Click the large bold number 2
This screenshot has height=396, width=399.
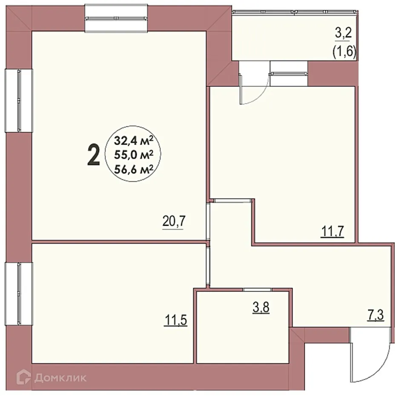click(93, 155)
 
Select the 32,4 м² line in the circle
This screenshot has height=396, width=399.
click(133, 140)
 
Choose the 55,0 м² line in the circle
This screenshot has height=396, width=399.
click(133, 155)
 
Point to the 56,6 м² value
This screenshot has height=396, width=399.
click(133, 170)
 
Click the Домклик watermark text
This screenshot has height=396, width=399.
click(61, 377)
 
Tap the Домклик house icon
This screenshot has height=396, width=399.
click(25, 377)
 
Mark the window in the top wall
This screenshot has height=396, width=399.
click(116, 17)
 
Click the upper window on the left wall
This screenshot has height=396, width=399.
click(19, 101)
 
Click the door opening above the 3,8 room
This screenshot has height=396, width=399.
click(255, 290)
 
